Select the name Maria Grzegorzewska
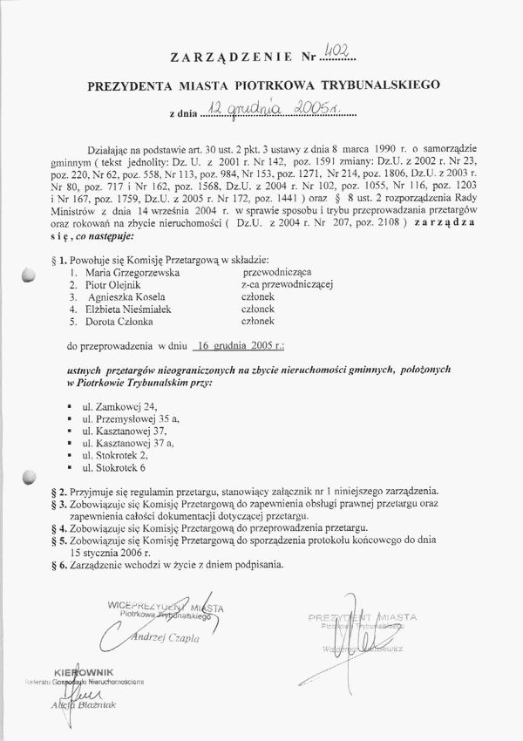click(x=139, y=272)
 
